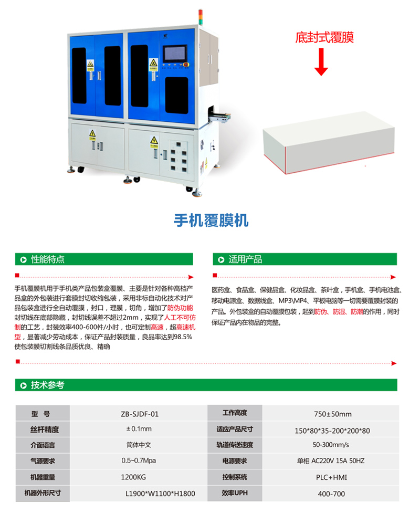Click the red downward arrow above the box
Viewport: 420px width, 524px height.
point(321,62)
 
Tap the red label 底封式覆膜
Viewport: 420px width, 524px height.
point(324,37)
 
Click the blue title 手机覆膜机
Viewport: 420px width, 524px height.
point(211,220)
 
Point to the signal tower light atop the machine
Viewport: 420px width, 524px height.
point(201,17)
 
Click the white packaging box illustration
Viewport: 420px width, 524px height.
point(329,143)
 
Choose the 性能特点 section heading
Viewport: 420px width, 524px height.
point(47,259)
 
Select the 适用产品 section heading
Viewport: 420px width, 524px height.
point(245,259)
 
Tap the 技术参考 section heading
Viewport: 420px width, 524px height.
point(47,385)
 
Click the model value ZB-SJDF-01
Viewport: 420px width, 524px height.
point(140,414)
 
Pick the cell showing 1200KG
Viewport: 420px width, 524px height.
point(133,477)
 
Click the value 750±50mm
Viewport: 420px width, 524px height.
point(333,414)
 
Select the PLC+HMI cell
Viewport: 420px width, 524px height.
point(331,477)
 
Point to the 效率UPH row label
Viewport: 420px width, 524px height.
point(235,493)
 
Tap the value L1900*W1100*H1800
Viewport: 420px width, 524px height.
point(160,494)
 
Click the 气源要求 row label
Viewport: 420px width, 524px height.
point(43,461)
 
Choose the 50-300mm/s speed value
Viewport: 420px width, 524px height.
point(331,445)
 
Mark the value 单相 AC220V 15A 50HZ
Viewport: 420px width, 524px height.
point(331,461)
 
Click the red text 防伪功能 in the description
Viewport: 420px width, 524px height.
point(180,308)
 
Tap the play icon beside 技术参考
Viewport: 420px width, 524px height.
point(24,385)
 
